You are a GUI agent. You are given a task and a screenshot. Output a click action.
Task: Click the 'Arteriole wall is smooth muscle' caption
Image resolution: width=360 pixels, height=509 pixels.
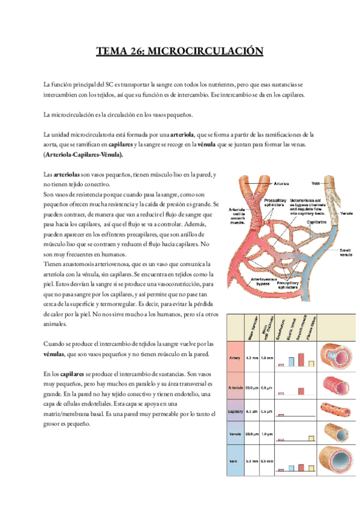[238, 216]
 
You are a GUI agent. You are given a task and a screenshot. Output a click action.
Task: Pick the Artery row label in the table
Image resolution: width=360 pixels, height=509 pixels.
[235, 358]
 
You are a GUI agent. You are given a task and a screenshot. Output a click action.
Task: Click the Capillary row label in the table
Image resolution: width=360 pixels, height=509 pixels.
[235, 411]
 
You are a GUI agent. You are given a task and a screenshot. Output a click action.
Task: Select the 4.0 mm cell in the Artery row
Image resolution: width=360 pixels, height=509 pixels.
[252, 358]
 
